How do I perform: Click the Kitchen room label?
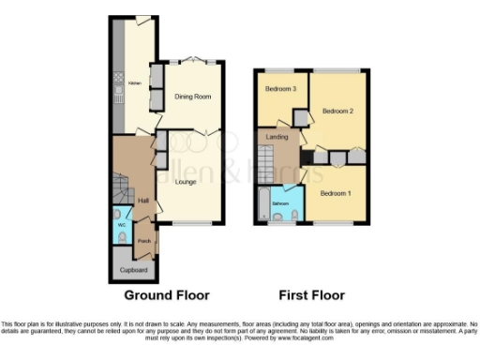pos(134,82)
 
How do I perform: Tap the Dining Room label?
pos(193,96)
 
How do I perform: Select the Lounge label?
pos(185,181)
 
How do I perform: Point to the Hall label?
pos(143,200)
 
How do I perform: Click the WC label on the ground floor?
pos(121,225)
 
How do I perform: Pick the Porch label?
pos(143,241)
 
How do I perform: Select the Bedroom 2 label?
pos(337,111)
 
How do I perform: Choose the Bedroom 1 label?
pos(335,193)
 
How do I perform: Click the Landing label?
pos(277,138)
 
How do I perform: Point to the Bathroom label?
pos(280,202)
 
